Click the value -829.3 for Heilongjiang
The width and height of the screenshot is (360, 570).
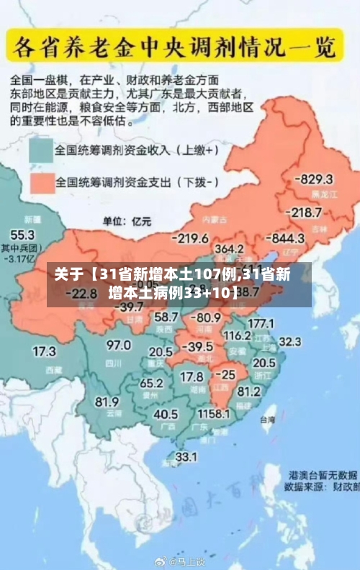tap(316, 178)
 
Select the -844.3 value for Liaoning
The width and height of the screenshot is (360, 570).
tap(287, 237)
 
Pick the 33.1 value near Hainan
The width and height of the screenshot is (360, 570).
tap(186, 456)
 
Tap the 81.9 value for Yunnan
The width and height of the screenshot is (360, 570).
tap(107, 402)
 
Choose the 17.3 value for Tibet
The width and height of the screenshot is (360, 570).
tap(43, 351)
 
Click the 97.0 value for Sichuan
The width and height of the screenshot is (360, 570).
tap(118, 345)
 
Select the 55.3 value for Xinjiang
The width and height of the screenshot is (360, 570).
tap(22, 235)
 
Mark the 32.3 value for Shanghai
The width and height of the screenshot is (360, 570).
tap(289, 340)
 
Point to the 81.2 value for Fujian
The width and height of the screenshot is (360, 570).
tap(248, 392)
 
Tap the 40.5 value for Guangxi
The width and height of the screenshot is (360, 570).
tap(166, 415)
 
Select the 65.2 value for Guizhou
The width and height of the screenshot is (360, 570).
tap(150, 383)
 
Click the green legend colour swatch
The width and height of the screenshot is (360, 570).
tap(41, 150)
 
